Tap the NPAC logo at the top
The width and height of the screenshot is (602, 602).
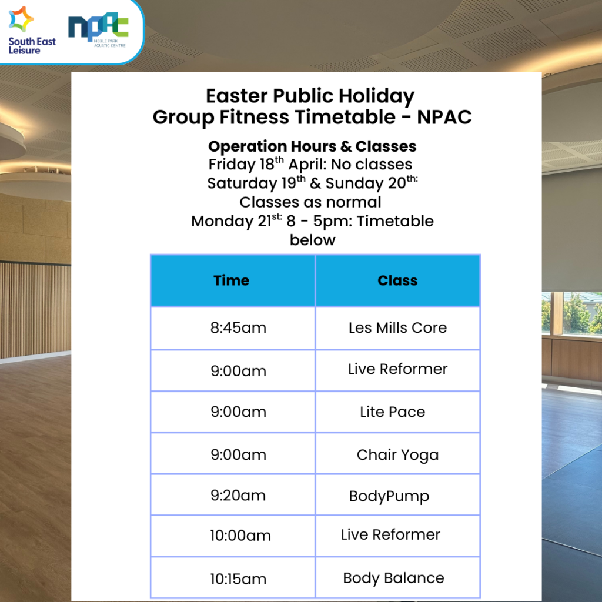[98, 30]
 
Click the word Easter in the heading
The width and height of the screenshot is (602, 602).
[236, 96]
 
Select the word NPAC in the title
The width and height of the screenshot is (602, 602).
[444, 117]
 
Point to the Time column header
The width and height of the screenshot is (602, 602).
[233, 280]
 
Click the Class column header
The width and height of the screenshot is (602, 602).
[398, 280]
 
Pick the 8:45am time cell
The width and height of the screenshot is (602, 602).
[233, 328]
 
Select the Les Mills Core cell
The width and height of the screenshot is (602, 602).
[398, 328]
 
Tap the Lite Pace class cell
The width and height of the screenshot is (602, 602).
[398, 412]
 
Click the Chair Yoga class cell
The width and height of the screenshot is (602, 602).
[398, 454]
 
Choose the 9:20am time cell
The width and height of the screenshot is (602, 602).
[233, 495]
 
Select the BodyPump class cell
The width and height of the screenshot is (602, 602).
[398, 495]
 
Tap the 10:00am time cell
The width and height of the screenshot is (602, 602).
[233, 536]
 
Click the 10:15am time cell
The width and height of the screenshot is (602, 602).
[233, 578]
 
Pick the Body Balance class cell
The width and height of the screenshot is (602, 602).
[398, 578]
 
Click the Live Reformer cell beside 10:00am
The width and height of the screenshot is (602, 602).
[398, 536]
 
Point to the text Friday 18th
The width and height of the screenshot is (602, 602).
[246, 164]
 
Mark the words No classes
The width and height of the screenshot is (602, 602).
[372, 165]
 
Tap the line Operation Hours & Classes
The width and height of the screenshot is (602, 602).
[312, 146]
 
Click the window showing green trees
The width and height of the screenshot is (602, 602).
[571, 313]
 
